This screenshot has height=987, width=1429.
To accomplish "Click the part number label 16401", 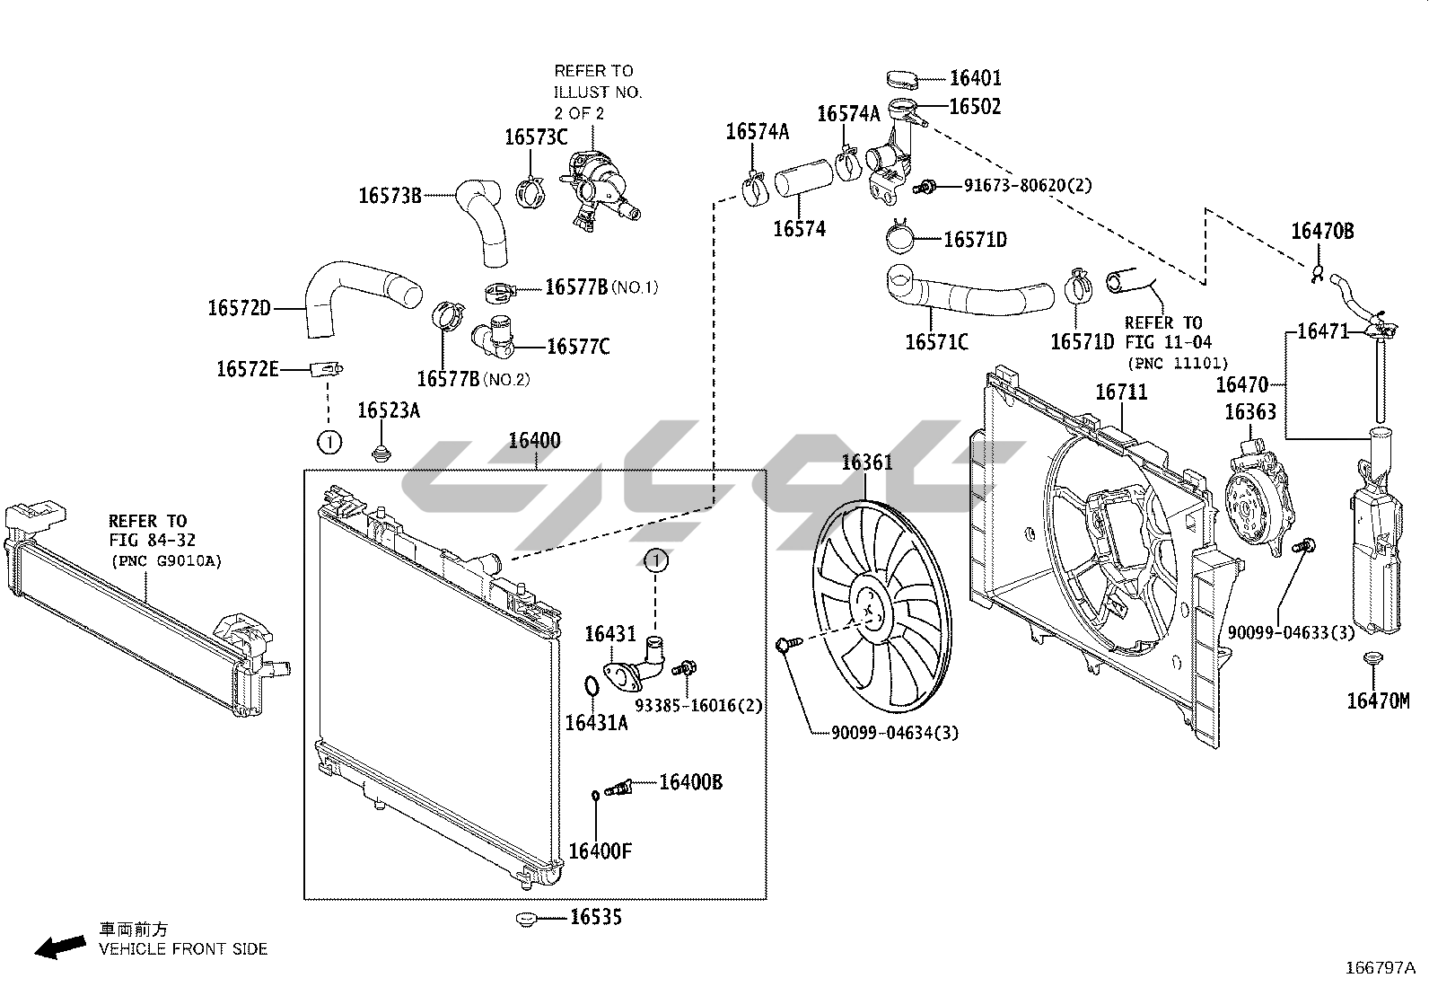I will (975, 79).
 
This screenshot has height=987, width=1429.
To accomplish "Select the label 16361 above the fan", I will (866, 463).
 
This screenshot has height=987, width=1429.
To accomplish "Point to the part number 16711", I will (1121, 392).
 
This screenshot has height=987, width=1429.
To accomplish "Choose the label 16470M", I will (1378, 701).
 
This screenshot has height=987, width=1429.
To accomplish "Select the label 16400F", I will (600, 850).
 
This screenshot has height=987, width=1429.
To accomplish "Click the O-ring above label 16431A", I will (591, 686).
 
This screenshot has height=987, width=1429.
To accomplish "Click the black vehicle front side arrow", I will (58, 947).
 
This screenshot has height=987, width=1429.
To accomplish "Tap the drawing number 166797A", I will (1379, 968).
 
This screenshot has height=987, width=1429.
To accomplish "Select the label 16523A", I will (388, 411).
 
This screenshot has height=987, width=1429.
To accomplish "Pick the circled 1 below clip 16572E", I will (329, 441).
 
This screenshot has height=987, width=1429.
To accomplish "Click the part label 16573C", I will (535, 137).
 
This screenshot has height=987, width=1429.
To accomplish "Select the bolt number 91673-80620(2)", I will (1028, 186).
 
